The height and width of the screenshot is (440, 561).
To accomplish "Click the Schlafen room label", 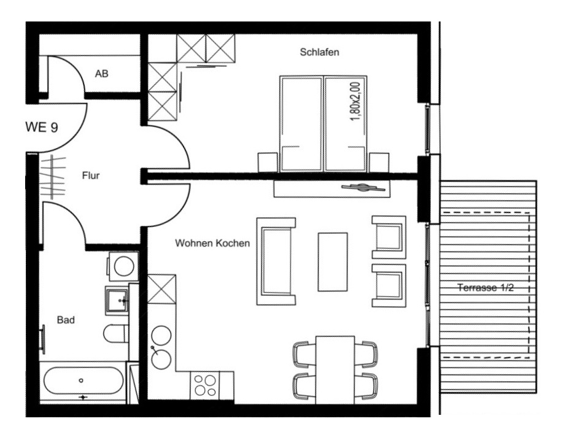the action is pos(319,52).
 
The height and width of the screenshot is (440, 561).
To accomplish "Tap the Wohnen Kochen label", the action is pos(212,243).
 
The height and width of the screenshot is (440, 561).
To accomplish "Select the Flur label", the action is pos(91,176).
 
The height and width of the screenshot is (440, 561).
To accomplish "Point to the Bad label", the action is pos(66,320).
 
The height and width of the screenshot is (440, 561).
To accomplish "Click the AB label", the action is pos(102,74).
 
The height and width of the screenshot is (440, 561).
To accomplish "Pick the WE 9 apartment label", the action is pos(42,127).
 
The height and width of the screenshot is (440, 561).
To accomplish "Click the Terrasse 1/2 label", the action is pos(486,288).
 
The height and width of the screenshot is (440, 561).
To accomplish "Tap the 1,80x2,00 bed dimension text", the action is pos(355,102).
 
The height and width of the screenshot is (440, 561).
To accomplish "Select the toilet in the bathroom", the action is pos(116,333).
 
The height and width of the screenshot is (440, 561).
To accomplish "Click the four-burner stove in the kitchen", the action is pos(205,385).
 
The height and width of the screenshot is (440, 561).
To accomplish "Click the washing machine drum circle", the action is pos(124,266).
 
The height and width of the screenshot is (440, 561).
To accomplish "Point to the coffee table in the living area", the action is pos(333,262).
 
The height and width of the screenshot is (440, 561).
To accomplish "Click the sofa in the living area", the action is pos(276,261).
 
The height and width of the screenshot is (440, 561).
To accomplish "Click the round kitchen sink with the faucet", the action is pos(161,359).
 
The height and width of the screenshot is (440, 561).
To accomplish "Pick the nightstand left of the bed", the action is pos(268,163).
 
